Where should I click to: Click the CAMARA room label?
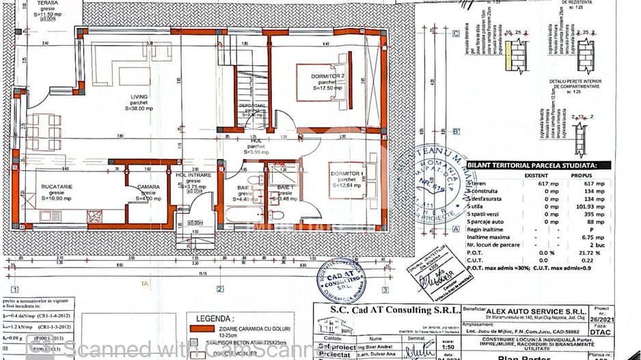coord(148,187)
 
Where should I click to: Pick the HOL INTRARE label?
coord(193,176)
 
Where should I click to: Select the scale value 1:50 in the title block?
coord(409,347)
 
